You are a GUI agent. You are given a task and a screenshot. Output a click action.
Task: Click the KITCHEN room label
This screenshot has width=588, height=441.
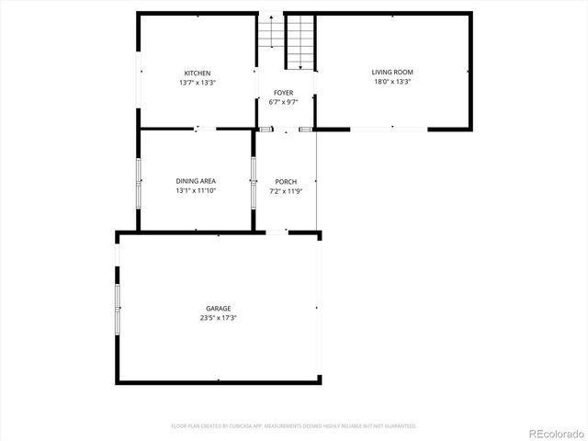click(198, 73)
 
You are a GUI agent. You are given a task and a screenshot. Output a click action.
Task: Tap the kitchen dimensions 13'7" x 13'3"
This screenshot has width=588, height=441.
click(198, 83)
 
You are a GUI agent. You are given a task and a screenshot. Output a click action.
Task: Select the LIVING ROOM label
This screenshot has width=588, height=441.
click(392, 72)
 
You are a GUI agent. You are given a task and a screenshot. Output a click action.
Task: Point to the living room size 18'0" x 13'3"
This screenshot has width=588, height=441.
click(392, 81)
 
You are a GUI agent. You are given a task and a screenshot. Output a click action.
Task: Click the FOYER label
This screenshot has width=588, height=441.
click(283, 93)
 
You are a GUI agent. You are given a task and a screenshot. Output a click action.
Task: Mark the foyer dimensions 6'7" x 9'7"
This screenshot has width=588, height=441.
click(283, 102)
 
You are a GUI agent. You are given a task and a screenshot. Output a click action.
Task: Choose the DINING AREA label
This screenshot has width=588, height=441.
click(196, 181)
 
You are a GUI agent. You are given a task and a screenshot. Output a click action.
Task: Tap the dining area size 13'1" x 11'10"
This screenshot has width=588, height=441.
click(196, 190)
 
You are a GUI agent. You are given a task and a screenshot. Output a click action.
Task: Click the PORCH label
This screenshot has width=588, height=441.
click(285, 181)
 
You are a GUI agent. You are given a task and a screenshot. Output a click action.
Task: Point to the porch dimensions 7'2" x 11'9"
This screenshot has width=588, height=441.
click(285, 190)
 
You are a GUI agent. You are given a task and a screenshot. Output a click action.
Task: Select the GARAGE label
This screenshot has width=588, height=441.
click(218, 309)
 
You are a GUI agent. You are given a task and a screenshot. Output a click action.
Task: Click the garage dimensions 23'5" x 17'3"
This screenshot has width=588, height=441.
click(218, 318)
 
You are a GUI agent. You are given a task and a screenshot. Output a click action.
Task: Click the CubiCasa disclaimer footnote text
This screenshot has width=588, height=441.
click(294, 426)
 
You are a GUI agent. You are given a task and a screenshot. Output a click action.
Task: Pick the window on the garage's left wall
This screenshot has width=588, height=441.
click(118, 309)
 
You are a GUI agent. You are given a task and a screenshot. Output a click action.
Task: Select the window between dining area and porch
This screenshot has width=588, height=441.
click(253, 182)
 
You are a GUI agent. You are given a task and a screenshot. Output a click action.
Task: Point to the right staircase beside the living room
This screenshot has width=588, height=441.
click(300, 41)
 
